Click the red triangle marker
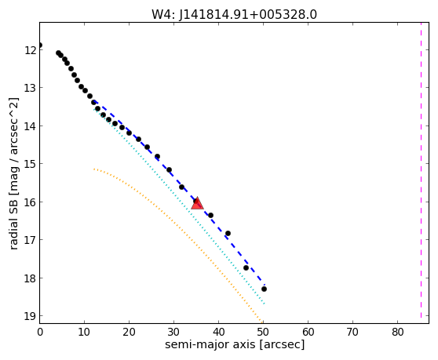pos(197,203)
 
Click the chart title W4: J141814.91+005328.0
pos(234,14)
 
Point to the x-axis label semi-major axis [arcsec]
pos(235,344)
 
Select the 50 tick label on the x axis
pos(263,332)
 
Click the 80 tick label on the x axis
pos(397,332)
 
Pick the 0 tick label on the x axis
pos(40,332)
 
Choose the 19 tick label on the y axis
pos(30,316)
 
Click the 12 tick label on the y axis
pos(30,50)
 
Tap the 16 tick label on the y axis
pos(30,202)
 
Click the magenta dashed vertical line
pos(421,170)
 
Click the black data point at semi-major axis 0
pos(40,45)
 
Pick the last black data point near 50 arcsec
pos(264,289)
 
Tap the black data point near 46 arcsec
pos(246,267)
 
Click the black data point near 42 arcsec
pos(228,233)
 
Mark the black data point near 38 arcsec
pos(210,215)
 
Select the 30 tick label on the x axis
pos(173,332)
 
